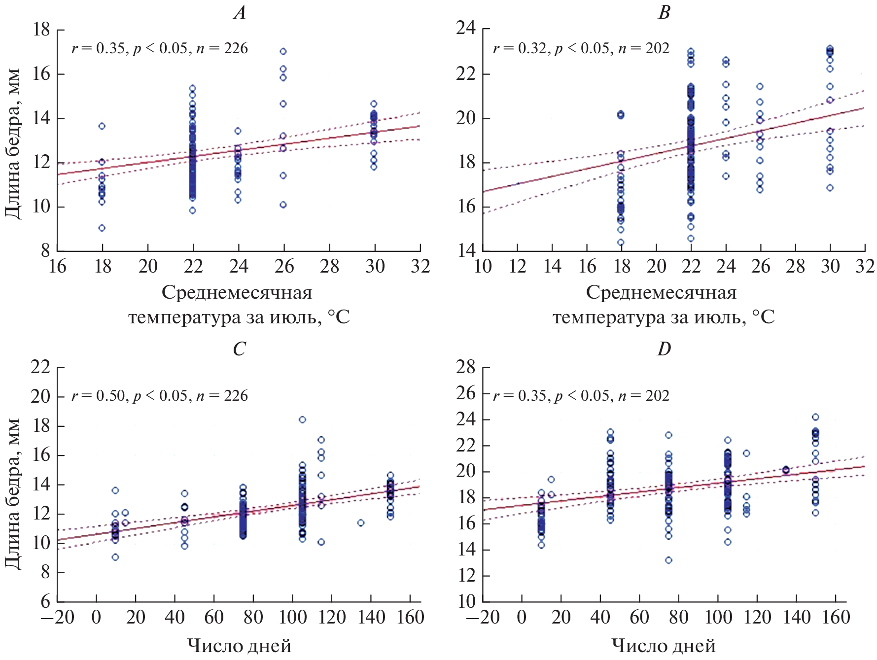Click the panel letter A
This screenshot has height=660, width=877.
coord(240,13)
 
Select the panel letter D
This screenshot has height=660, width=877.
coord(664,349)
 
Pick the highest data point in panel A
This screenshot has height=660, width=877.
coord(283,51)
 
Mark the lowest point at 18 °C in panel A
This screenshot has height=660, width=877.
coord(102,228)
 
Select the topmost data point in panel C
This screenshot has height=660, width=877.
coord(303,420)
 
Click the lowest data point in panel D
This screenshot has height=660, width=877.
coord(668,560)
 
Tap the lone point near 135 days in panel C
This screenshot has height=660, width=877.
coord(361,523)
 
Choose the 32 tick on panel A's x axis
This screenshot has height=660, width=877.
coord(420,267)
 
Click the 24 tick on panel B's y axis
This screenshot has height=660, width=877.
coord(466,29)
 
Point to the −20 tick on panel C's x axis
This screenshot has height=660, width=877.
coord(58,617)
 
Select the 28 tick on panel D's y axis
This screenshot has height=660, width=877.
coord(466,368)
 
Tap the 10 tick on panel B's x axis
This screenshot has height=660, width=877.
coord(482,267)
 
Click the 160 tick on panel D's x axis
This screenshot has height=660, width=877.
coord(836,617)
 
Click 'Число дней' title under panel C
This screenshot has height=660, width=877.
coord(239,646)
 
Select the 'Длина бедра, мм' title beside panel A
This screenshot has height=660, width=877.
coord(13,143)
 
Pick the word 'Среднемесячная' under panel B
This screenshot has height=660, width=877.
coord(661,293)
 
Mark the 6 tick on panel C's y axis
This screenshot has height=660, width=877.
coord(45,601)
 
